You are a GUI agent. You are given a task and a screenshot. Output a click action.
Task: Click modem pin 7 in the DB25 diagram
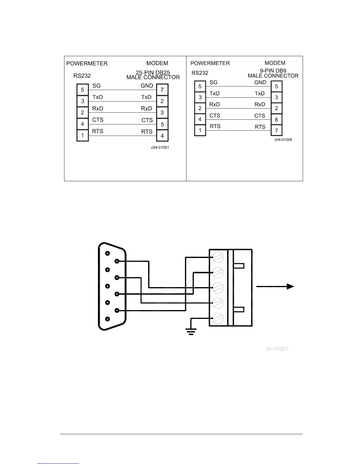click(x=162, y=90)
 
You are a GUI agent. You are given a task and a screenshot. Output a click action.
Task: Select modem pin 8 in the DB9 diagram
click(x=276, y=119)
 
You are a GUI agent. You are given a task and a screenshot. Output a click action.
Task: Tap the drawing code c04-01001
click(x=160, y=147)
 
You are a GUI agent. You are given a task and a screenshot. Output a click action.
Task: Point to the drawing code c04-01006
click(x=283, y=140)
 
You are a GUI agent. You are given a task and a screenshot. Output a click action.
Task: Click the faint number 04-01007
click(x=277, y=349)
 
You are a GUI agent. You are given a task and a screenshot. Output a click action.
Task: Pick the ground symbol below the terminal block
click(x=191, y=332)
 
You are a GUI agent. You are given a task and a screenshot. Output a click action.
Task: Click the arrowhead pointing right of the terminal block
click(x=290, y=287)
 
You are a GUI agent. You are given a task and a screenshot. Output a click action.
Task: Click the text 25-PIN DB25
click(x=153, y=72)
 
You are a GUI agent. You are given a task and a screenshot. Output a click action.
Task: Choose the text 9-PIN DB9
click(x=273, y=71)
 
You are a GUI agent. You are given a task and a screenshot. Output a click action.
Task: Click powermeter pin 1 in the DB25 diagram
click(x=82, y=136)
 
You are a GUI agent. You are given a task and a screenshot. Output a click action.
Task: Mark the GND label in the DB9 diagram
click(x=260, y=82)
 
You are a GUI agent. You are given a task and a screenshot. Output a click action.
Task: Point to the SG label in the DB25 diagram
click(x=96, y=86)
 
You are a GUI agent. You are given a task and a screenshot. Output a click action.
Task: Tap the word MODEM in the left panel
click(x=157, y=63)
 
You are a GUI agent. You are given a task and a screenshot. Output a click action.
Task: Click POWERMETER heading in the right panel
click(x=210, y=63)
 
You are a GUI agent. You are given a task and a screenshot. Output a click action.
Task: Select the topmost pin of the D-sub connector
click(x=108, y=253)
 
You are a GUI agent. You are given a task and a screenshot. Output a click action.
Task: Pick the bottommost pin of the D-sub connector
click(x=108, y=319)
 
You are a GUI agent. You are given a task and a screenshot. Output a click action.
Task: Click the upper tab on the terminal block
click(x=239, y=266)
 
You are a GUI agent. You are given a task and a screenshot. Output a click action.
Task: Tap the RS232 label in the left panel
click(x=82, y=76)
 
